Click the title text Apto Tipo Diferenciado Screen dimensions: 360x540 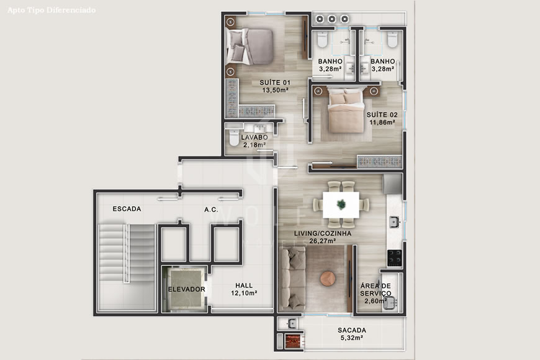pyautogui.click(x=52, y=11)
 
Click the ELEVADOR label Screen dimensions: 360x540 pyautogui.click(x=186, y=289)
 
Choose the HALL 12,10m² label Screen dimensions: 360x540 pyautogui.click(x=244, y=289)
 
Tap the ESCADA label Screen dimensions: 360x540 pyautogui.click(x=127, y=209)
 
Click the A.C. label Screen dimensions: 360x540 pyautogui.click(x=211, y=210)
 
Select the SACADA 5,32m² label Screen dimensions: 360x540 pyautogui.click(x=352, y=334)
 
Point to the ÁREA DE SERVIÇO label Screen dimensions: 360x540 pyautogui.click(x=376, y=290)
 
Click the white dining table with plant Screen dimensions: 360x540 pyautogui.click(x=341, y=204)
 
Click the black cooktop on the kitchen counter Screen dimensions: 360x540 pyautogui.click(x=394, y=255)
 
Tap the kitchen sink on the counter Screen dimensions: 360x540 pyautogui.click(x=394, y=222)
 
